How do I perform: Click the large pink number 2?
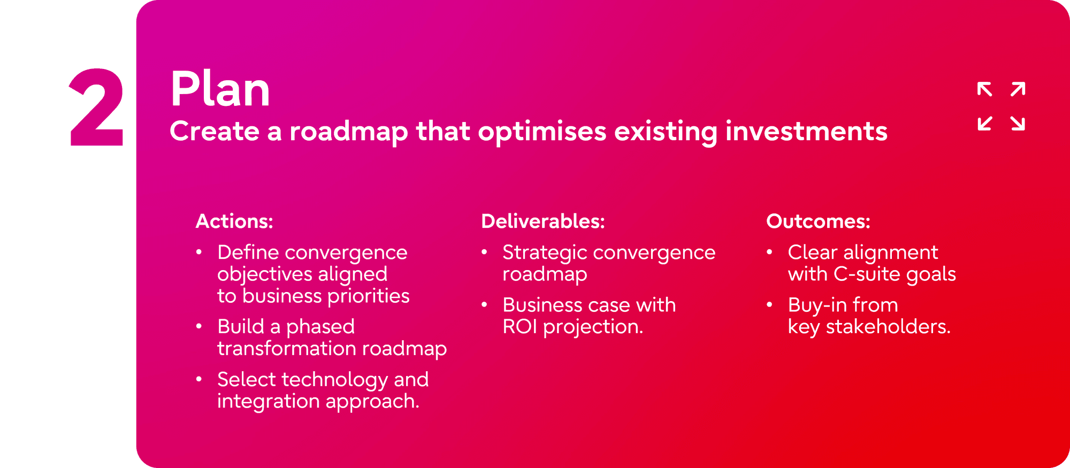click(97, 107)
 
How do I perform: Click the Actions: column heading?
click(234, 221)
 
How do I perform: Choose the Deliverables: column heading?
click(543, 221)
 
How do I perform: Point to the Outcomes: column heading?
click(818, 221)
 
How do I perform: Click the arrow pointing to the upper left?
click(984, 89)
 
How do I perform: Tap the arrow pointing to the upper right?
click(1018, 89)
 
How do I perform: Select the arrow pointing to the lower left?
click(984, 123)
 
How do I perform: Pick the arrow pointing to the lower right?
click(1018, 123)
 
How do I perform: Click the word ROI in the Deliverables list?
click(519, 326)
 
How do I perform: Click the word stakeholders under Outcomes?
click(888, 326)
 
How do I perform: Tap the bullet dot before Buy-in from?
click(769, 304)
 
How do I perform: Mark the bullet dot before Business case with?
click(484, 304)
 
